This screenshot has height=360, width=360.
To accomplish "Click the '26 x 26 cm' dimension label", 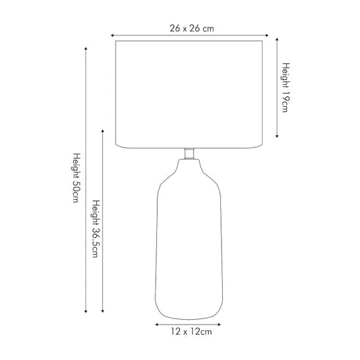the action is click(192, 29).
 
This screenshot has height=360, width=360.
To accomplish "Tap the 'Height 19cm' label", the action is click(286, 88).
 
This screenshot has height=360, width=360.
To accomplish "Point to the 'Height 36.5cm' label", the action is click(96, 228).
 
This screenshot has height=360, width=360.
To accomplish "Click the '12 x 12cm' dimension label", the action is click(191, 332).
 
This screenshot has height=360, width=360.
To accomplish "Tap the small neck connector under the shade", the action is click(189, 153).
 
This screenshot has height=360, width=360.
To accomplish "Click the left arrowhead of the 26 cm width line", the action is click(112, 35).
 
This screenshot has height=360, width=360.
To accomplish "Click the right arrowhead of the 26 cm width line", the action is click(267, 35).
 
